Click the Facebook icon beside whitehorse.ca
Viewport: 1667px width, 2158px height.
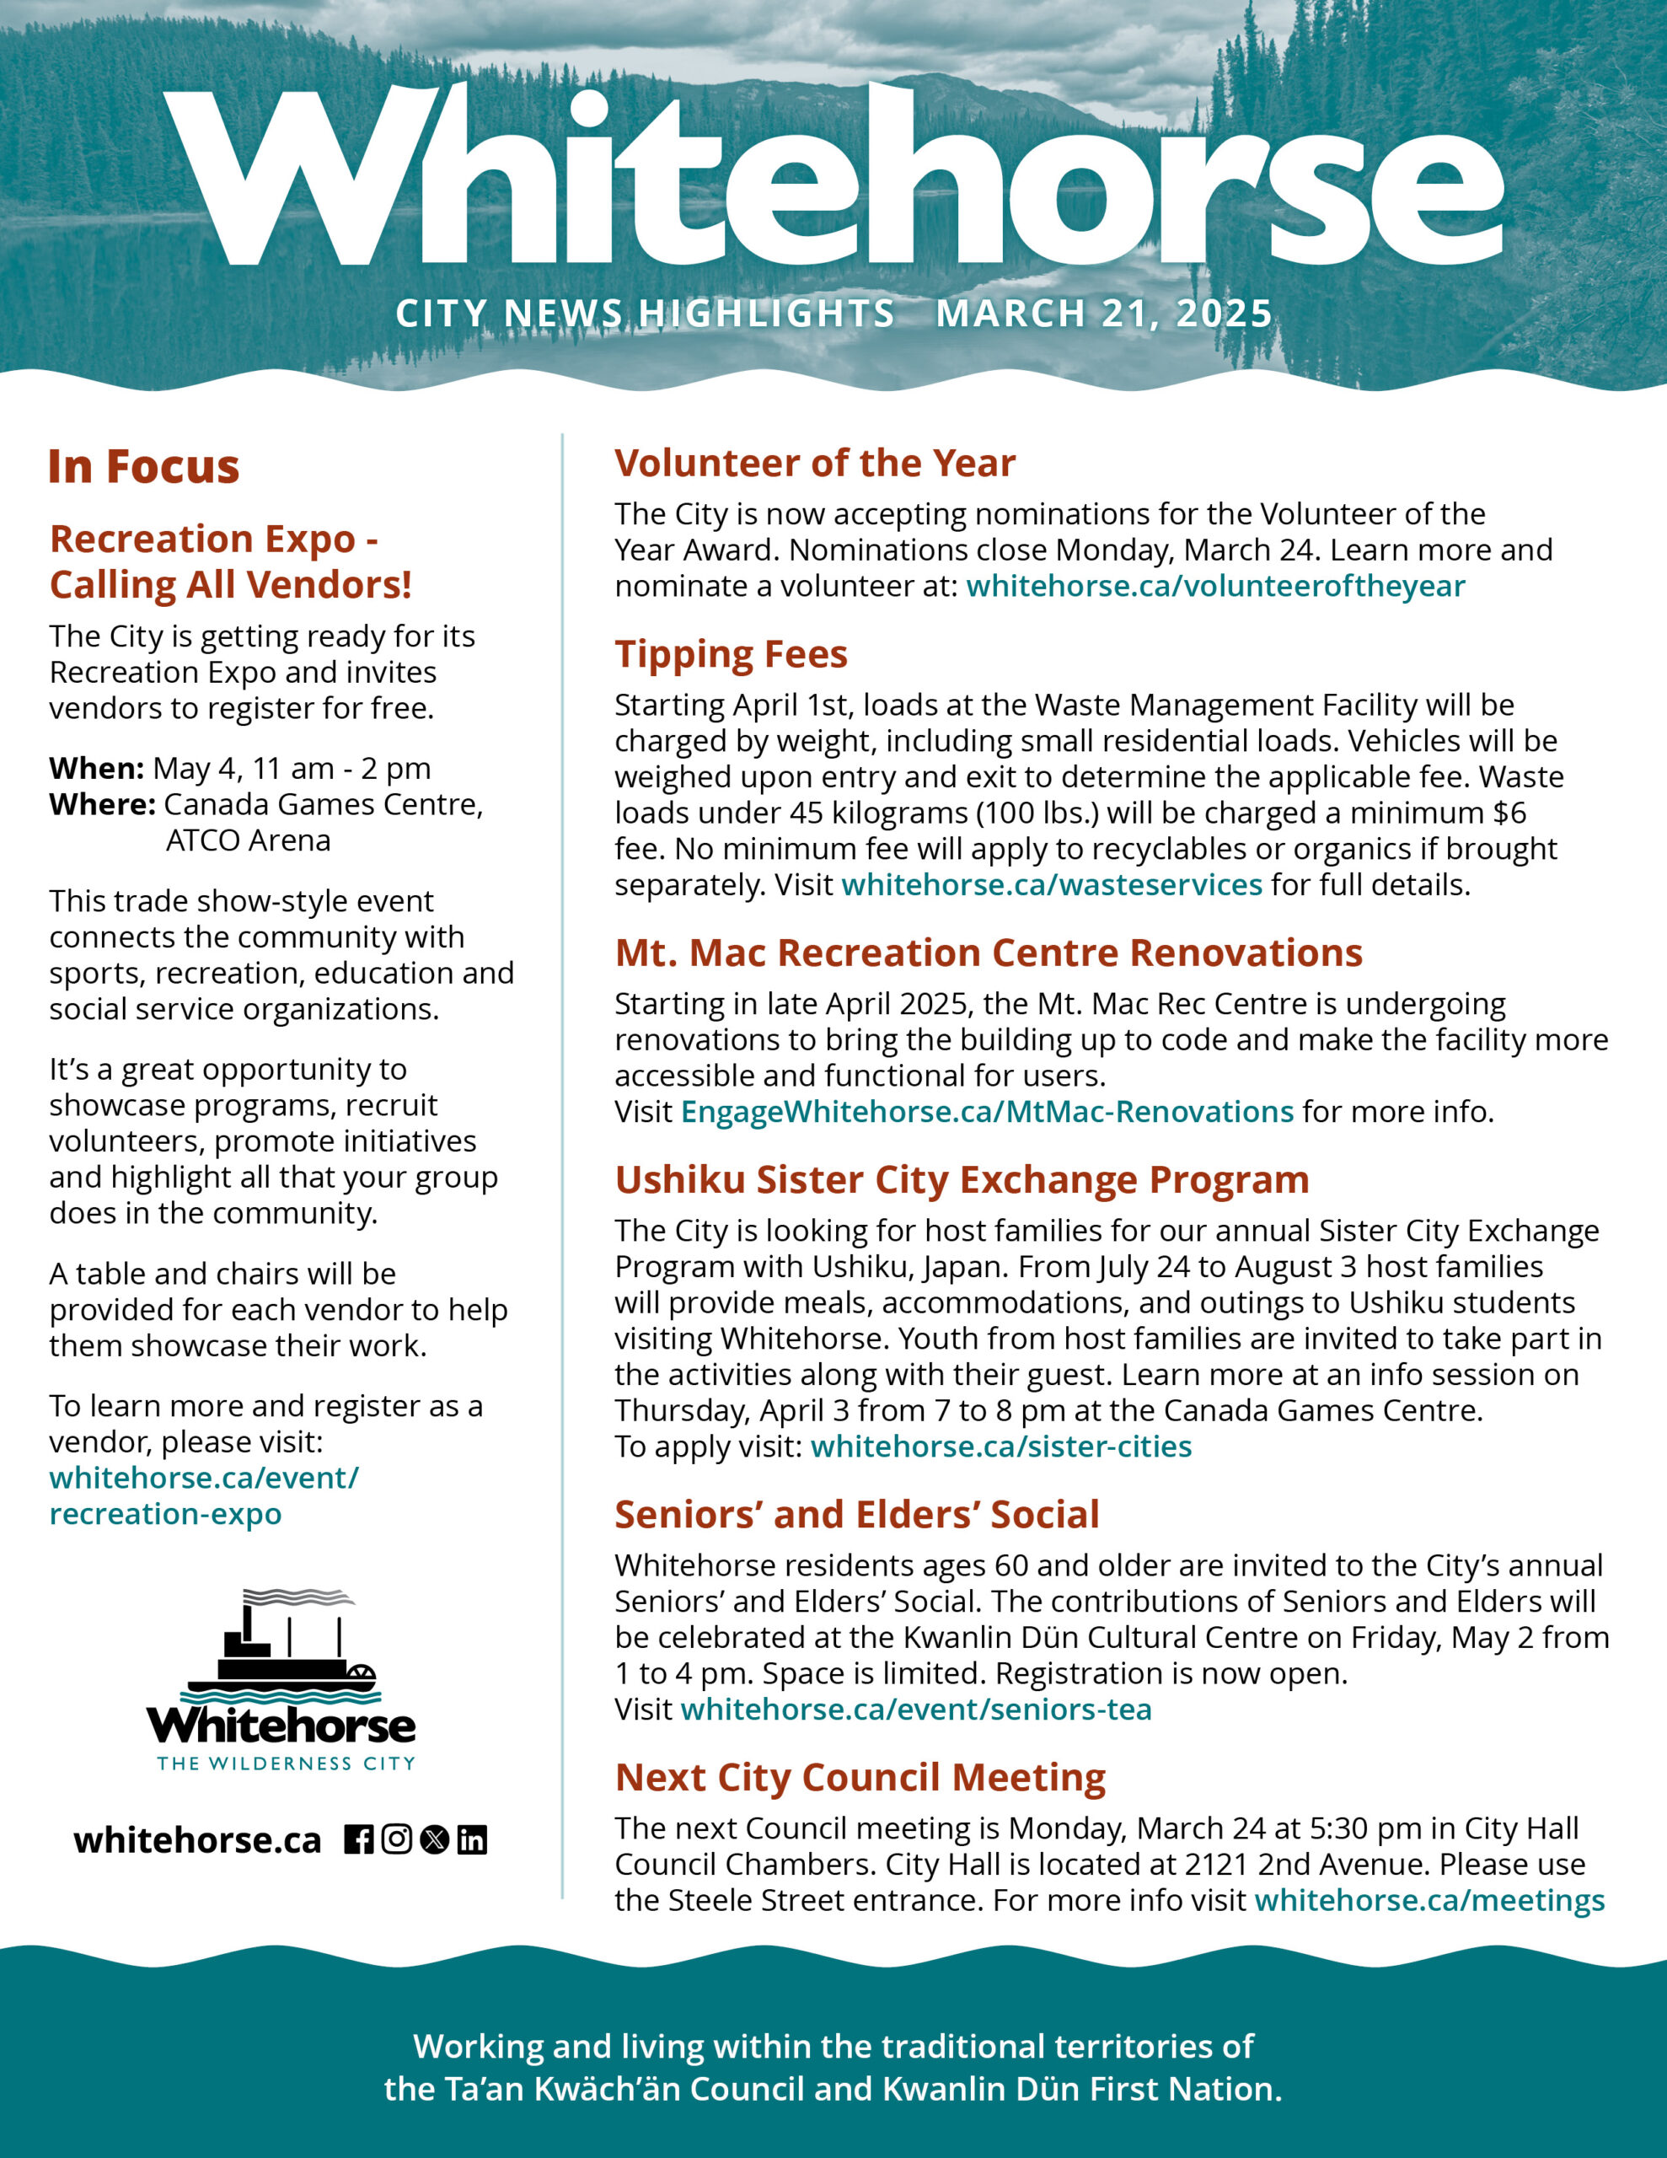tap(359, 1840)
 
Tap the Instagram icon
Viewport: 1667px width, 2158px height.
tap(396, 1840)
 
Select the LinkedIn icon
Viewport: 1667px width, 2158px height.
tap(472, 1840)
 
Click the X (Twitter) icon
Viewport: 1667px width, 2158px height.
tap(434, 1840)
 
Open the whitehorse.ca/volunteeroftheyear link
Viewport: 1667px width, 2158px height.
tap(1215, 586)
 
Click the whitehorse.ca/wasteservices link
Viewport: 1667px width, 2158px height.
tap(1052, 884)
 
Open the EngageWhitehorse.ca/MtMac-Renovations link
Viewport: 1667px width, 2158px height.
tap(987, 1112)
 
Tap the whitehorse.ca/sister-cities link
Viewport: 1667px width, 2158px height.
tap(1001, 1447)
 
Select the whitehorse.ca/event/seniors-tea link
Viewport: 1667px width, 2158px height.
tap(916, 1710)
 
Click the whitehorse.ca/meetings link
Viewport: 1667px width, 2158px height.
tap(1428, 1900)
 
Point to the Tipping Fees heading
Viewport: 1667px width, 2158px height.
tap(732, 655)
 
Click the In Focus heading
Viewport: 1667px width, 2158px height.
tap(144, 466)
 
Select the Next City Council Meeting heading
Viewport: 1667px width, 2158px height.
tap(860, 1778)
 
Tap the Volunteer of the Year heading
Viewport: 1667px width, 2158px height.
tap(815, 464)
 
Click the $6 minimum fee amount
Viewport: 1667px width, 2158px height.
tap(1510, 813)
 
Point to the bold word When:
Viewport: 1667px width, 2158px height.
tap(97, 769)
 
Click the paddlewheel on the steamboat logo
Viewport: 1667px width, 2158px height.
tap(362, 1677)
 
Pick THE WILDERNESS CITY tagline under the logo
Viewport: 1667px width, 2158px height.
tap(287, 1763)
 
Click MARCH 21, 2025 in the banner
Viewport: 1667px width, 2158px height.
tap(1104, 314)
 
